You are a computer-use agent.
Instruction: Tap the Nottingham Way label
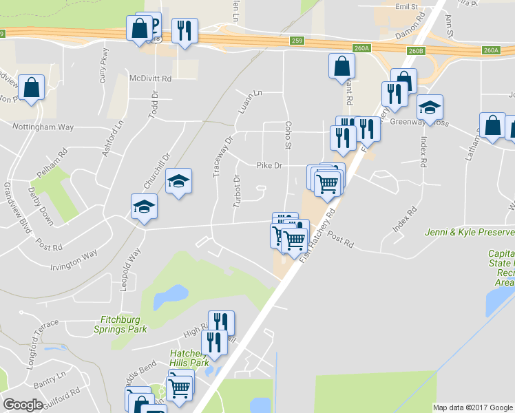[43, 127]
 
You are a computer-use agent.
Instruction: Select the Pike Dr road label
[269, 165]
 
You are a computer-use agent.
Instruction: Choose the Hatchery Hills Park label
[189, 358]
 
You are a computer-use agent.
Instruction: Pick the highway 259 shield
[297, 41]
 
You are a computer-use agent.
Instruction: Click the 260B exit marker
[416, 51]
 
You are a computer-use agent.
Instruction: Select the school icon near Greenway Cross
[430, 107]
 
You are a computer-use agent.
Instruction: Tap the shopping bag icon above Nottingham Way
[31, 88]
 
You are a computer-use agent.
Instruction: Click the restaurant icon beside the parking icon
[184, 31]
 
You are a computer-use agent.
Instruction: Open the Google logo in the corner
[23, 405]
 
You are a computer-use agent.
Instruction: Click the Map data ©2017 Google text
[472, 407]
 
